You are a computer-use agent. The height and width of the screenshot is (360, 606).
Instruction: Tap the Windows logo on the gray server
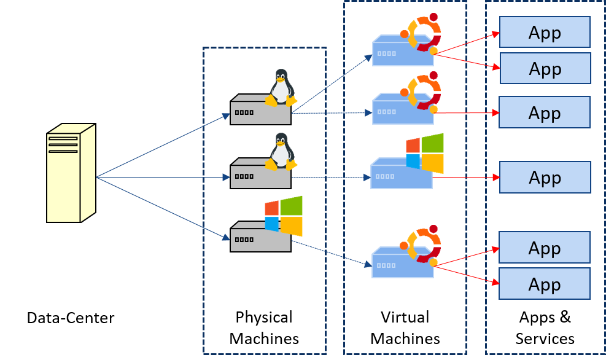[x=284, y=216]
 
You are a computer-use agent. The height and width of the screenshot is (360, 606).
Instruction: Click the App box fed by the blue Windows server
[x=545, y=178]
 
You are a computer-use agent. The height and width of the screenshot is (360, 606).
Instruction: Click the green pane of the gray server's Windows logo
[x=292, y=205]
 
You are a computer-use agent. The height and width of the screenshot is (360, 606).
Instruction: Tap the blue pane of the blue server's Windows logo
[x=413, y=162]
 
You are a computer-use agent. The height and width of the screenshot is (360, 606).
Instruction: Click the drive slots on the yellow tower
[x=63, y=145]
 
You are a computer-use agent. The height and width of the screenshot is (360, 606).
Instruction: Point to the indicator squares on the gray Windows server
[x=244, y=240]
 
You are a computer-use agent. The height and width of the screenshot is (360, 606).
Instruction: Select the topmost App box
[x=545, y=33]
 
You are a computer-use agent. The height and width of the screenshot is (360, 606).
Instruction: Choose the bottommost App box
[x=545, y=284]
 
